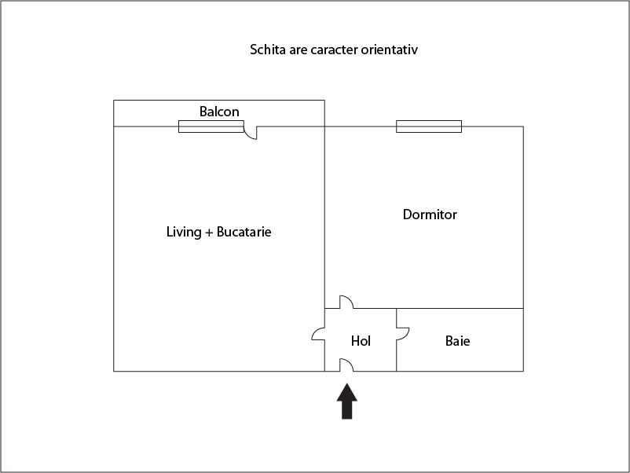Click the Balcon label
219,112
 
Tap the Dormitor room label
430,214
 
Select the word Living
184,232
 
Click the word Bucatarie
244,232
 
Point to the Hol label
361,341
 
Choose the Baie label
458,341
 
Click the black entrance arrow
346,401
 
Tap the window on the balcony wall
211,126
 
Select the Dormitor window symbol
429,126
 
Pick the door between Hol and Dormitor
346,302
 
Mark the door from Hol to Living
318,335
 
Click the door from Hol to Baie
403,335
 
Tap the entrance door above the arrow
346,365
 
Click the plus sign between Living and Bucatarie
209,233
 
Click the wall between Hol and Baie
396,339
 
